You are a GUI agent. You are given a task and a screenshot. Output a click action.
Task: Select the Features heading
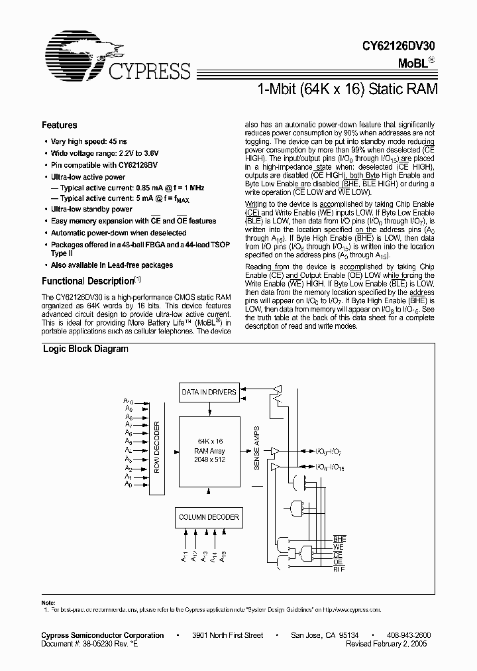pyautogui.click(x=59, y=125)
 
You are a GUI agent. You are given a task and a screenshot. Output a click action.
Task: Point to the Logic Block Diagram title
pyautogui.click(x=85, y=349)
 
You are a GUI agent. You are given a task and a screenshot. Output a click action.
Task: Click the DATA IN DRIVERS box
pyautogui.click(x=209, y=392)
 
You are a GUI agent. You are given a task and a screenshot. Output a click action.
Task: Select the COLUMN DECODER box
pyautogui.click(x=209, y=517)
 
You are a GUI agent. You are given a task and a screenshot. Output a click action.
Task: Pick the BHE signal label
pyautogui.click(x=339, y=540)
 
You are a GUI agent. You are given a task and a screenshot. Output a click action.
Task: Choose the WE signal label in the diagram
pyautogui.click(x=338, y=547)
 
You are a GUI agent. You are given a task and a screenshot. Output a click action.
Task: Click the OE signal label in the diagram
pyautogui.click(x=338, y=562)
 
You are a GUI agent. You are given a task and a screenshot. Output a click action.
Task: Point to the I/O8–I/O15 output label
pyautogui.click(x=329, y=467)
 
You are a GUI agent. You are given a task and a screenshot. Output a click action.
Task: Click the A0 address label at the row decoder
pyautogui.click(x=129, y=485)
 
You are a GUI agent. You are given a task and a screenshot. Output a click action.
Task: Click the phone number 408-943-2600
pyautogui.click(x=409, y=635)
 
